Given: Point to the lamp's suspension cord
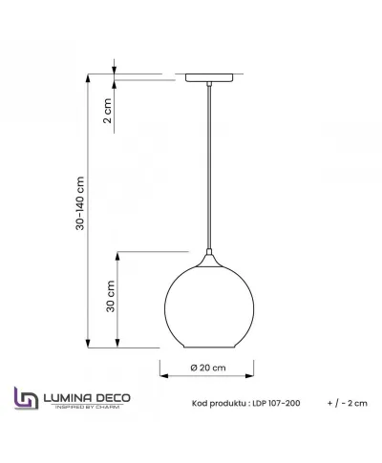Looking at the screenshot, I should click(x=206, y=172).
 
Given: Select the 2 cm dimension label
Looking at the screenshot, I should click(x=108, y=110).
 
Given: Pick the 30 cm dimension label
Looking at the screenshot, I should click(x=110, y=298).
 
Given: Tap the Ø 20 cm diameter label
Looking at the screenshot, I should click(x=207, y=368).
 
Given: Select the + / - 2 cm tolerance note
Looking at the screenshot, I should click(x=346, y=402).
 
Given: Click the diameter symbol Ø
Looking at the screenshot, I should click(x=193, y=368).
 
